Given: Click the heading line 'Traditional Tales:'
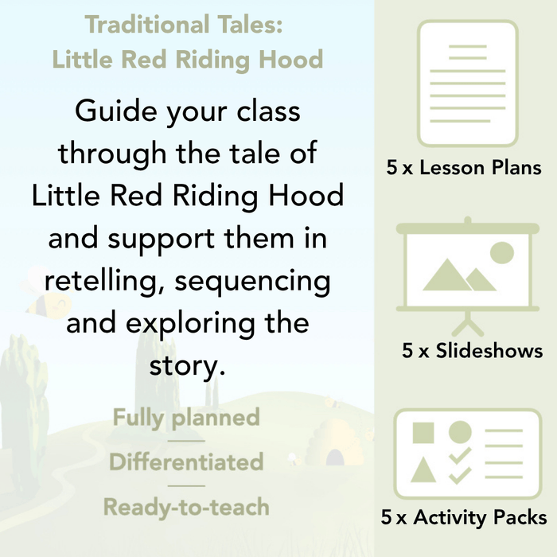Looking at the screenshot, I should [184, 25].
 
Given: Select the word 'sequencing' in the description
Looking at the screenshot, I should [256, 280].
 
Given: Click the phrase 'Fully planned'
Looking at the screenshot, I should [186, 417].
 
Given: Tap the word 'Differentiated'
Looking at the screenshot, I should [186, 462].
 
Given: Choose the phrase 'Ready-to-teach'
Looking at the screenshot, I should [186, 506].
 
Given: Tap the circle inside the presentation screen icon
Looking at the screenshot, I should [501, 253].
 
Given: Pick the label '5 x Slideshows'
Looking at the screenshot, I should [472, 350].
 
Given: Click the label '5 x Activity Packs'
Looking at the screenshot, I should [464, 518].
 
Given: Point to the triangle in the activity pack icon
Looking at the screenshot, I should [424, 470].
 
